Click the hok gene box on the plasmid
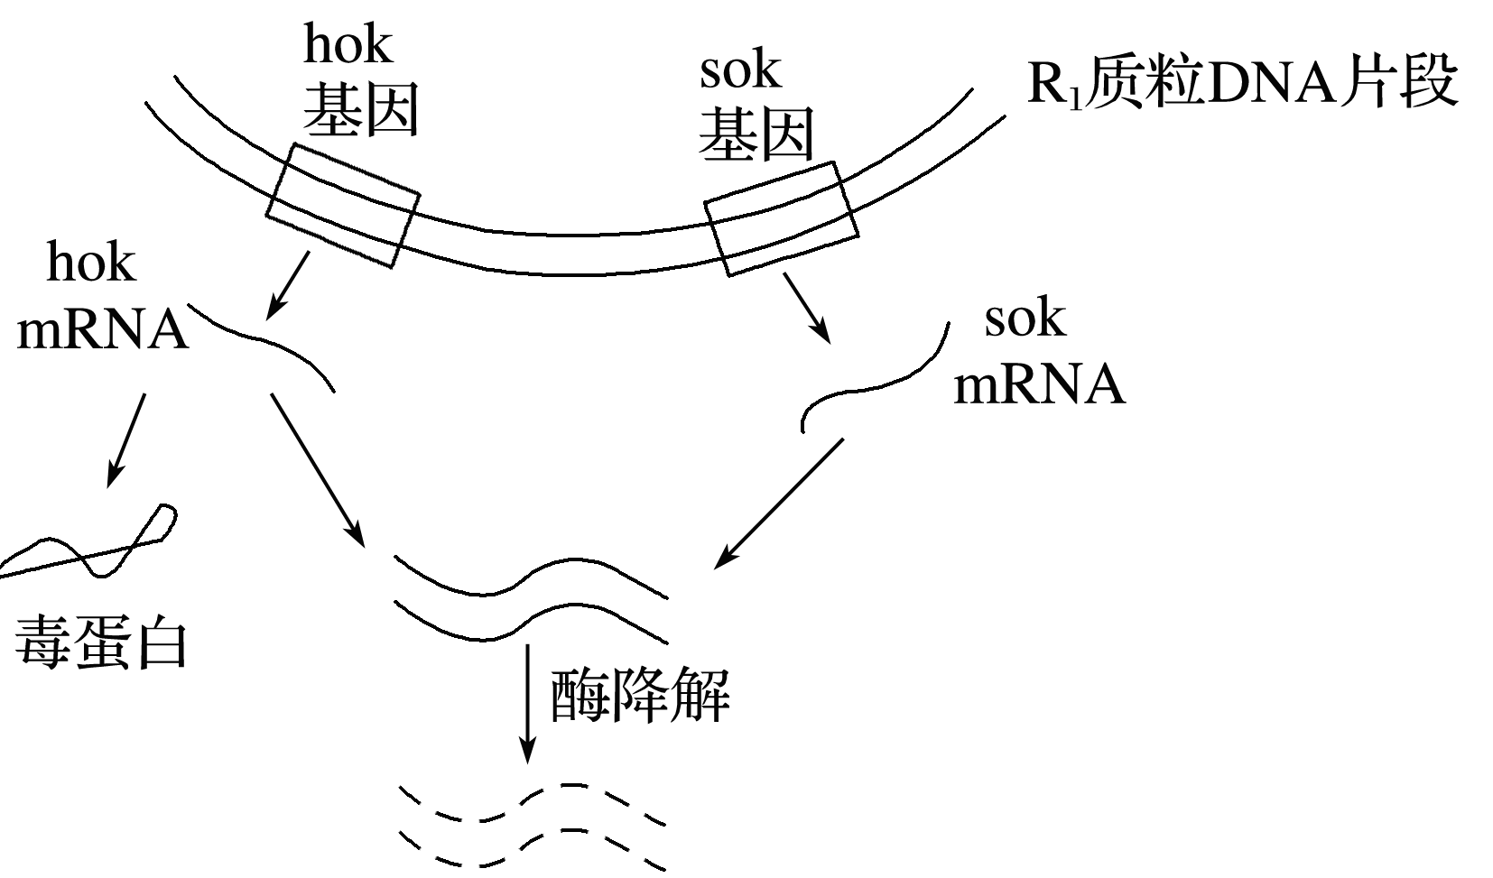coord(343,206)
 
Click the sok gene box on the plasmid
coord(782,219)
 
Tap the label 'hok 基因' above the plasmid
coord(358,83)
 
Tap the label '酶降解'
coord(639,696)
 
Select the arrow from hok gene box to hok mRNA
coord(288,285)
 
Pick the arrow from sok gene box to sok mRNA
coord(806,307)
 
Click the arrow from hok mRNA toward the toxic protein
coord(126,439)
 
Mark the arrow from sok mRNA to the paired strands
coord(779,503)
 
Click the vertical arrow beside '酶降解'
coord(527,704)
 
